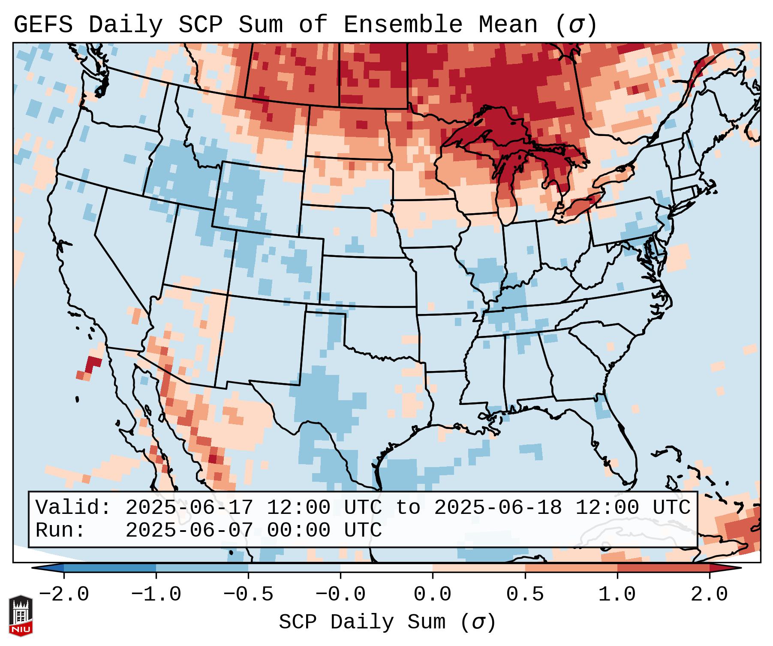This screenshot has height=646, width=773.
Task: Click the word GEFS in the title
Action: pos(43,25)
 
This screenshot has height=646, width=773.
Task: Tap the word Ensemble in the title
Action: pos(403,25)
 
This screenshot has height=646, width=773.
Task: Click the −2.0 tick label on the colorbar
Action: pos(64,595)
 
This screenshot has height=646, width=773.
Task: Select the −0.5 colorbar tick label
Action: pos(248,595)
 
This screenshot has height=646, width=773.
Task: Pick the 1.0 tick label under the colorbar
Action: pos(617,595)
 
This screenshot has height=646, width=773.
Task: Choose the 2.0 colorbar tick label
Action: pos(709,595)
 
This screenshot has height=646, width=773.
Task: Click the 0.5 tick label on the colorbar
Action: pos(525,595)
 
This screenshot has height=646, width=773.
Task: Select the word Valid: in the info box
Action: pos(73,508)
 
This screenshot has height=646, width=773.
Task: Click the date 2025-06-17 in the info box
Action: pos(189,508)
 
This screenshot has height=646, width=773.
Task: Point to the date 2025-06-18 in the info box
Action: pos(498,508)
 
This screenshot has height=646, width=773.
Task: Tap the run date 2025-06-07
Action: pos(189,531)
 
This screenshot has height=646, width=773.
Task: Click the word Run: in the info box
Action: pos(60,531)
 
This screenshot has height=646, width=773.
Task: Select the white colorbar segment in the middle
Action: pos(386,568)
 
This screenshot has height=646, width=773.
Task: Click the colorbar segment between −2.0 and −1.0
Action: pos(110,568)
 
